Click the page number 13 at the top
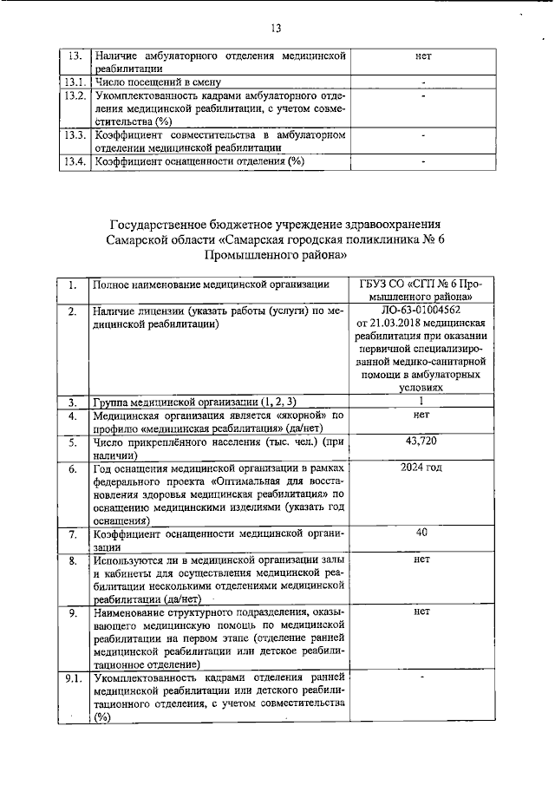click(x=277, y=29)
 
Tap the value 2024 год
click(x=421, y=468)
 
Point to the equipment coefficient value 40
click(x=421, y=533)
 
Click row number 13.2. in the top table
click(x=75, y=95)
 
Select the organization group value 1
click(x=421, y=401)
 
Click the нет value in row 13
click(x=423, y=56)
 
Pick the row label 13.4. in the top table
click(x=75, y=160)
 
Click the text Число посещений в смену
click(x=157, y=82)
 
